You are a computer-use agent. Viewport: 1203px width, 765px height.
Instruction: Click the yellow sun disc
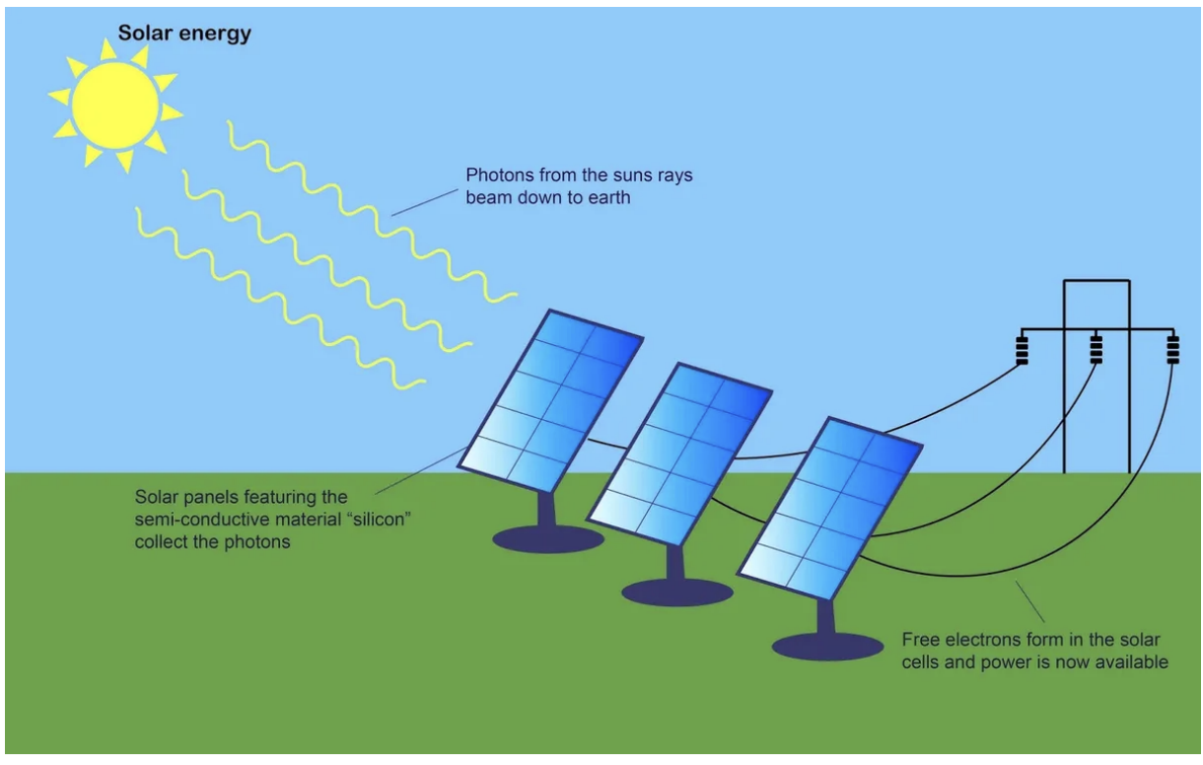pyautogui.click(x=115, y=105)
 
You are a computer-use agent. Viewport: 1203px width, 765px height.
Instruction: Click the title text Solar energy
pyautogui.click(x=184, y=34)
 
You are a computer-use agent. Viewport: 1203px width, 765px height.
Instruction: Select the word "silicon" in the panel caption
pyautogui.click(x=382, y=520)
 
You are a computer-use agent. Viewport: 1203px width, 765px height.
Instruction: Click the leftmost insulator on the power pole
pyautogui.click(x=1022, y=349)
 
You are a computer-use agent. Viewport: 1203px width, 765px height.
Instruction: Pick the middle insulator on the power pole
pyautogui.click(x=1097, y=349)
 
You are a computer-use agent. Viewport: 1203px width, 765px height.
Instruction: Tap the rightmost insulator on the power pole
pyautogui.click(x=1173, y=349)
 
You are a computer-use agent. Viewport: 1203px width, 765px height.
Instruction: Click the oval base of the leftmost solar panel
pyautogui.click(x=548, y=539)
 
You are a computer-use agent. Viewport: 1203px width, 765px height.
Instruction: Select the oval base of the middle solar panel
pyautogui.click(x=677, y=592)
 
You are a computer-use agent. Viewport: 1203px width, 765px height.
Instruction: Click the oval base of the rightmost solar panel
pyautogui.click(x=827, y=647)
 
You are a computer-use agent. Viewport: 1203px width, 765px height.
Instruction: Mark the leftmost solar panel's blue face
pyautogui.click(x=550, y=400)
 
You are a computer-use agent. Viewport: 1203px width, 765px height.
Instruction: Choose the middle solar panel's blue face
pyautogui.click(x=679, y=454)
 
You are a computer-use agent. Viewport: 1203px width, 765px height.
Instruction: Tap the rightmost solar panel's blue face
pyautogui.click(x=829, y=508)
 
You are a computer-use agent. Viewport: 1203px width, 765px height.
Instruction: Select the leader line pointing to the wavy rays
pyautogui.click(x=424, y=202)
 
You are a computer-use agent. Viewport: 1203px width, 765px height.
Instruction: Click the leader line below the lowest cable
pyautogui.click(x=1029, y=601)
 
